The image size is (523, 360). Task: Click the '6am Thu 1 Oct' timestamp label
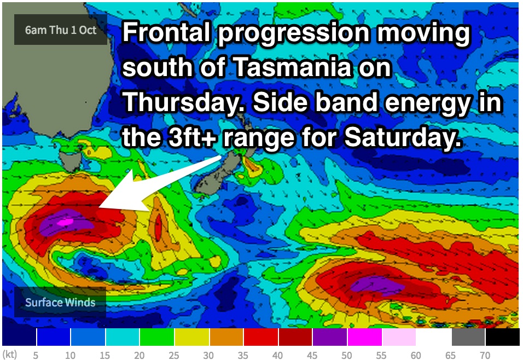pos(60,30)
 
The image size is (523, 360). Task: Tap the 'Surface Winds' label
pos(60,303)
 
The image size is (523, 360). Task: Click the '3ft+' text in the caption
pos(192,137)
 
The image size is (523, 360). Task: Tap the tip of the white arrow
pos(99,207)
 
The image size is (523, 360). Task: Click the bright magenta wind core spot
pos(65,222)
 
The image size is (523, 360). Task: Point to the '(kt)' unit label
pos(10,355)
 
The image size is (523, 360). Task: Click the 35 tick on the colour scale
pos(243,355)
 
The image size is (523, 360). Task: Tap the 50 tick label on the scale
pos(346,355)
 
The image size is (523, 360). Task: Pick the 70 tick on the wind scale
pos(485,355)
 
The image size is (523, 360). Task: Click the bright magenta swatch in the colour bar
pos(364,337)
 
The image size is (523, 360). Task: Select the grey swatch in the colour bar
pos(468,337)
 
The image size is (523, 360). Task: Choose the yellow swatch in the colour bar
pos(192,337)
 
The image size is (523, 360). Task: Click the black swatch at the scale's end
pos(503,337)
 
